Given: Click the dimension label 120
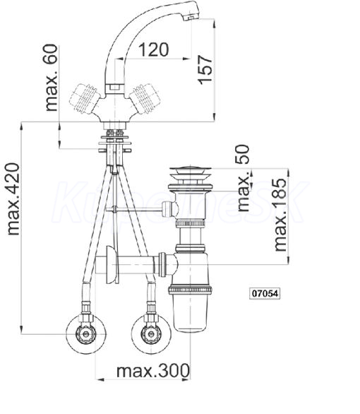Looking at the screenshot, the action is coord(153,49).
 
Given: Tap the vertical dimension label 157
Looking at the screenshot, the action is coord(205,70).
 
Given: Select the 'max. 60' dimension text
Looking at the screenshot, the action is coord(51,78).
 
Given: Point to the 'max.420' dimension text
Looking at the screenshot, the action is coord(13,199).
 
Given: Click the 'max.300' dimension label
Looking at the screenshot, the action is coord(153,371).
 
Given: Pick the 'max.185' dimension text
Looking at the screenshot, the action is coord(280,215).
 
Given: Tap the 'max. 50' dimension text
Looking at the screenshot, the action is coord(243,178).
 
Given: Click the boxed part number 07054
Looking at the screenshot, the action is coord(265,294).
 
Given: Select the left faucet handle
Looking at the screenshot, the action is coord(83,100).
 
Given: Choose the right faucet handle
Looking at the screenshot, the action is coord(145,99).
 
